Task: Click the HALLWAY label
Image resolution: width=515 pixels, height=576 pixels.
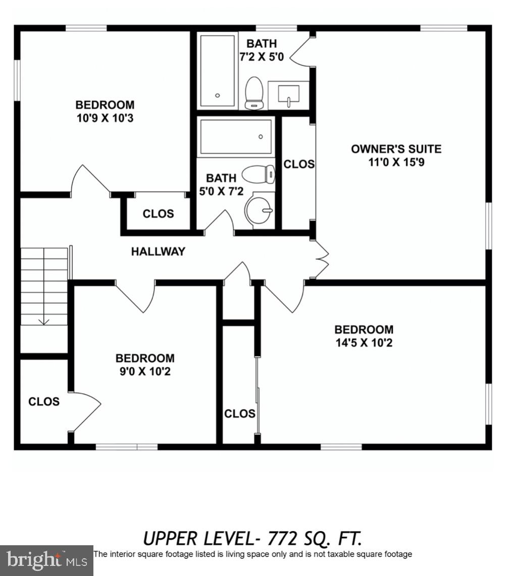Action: pyautogui.click(x=158, y=251)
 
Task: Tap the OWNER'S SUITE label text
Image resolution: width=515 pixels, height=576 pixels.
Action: pyautogui.click(x=396, y=149)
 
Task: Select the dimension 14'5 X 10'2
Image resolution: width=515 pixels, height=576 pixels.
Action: pyautogui.click(x=364, y=343)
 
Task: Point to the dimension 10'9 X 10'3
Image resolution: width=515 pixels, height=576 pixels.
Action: pyautogui.click(x=105, y=119)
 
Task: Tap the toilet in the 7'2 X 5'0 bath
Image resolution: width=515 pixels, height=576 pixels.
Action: pyautogui.click(x=254, y=93)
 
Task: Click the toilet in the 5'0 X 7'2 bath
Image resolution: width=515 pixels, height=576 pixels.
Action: pyautogui.click(x=259, y=175)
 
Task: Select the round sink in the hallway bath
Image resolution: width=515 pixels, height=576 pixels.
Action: pyautogui.click(x=259, y=210)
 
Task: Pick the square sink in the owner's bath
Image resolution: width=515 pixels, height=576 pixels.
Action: pyautogui.click(x=288, y=94)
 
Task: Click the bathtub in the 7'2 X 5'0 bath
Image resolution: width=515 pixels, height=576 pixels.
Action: pyautogui.click(x=218, y=70)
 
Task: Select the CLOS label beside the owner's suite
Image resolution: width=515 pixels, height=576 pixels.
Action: pyautogui.click(x=298, y=164)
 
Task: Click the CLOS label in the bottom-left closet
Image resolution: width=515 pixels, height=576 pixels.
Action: pyautogui.click(x=44, y=401)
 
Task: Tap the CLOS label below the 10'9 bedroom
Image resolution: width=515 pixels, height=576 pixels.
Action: pyautogui.click(x=158, y=213)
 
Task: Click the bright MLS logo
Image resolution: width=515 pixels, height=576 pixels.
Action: pyautogui.click(x=46, y=560)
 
